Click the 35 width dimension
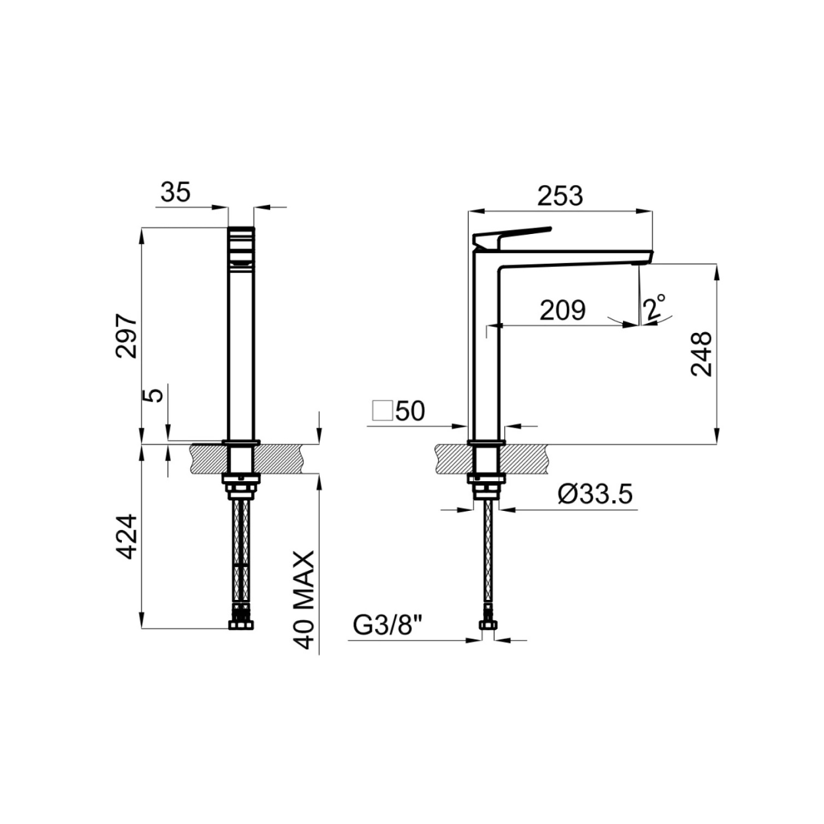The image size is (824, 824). tap(175, 192)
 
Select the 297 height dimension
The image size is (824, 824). tap(127, 337)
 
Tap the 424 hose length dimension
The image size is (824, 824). tap(127, 537)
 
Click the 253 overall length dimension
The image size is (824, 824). tap(560, 196)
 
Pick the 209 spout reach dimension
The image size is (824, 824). tap(562, 310)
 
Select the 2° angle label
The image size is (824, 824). tap(655, 306)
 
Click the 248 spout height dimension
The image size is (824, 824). tap(701, 353)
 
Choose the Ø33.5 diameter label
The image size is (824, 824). tap(595, 495)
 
